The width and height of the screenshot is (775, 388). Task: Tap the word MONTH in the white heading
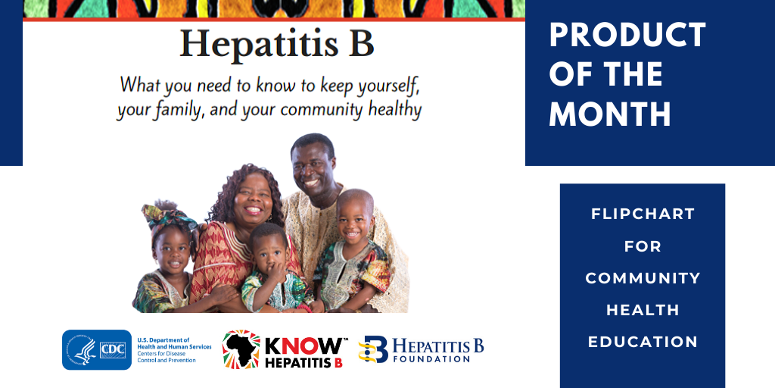tap(610, 114)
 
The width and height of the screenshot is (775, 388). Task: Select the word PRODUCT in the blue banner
tap(627, 35)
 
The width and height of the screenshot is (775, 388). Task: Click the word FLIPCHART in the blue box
tap(643, 214)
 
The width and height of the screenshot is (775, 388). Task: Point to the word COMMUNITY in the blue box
tap(643, 278)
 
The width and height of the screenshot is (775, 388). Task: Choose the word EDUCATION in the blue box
tap(643, 342)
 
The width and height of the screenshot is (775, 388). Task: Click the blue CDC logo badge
tap(97, 350)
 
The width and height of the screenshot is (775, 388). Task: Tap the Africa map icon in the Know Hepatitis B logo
tap(241, 350)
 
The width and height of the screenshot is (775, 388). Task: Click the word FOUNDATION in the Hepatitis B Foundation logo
tap(431, 358)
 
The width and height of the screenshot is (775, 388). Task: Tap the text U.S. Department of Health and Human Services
tap(174, 343)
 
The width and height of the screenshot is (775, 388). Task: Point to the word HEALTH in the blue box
tap(643, 310)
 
